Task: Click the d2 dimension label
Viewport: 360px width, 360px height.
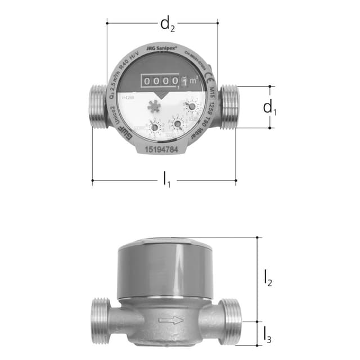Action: [166, 24]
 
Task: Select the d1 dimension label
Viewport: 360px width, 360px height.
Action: [270, 107]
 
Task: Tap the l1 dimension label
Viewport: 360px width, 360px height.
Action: [166, 181]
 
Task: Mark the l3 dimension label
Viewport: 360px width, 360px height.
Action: [268, 334]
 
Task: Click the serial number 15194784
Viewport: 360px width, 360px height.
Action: [162, 150]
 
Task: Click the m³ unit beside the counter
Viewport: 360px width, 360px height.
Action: [192, 83]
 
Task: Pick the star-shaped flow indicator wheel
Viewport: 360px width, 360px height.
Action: [153, 106]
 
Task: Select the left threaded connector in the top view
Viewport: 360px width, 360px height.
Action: [99, 107]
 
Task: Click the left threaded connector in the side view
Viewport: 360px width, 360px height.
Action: [101, 321]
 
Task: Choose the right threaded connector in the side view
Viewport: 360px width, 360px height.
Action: [231, 321]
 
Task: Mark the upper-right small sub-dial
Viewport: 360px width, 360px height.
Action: [192, 105]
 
